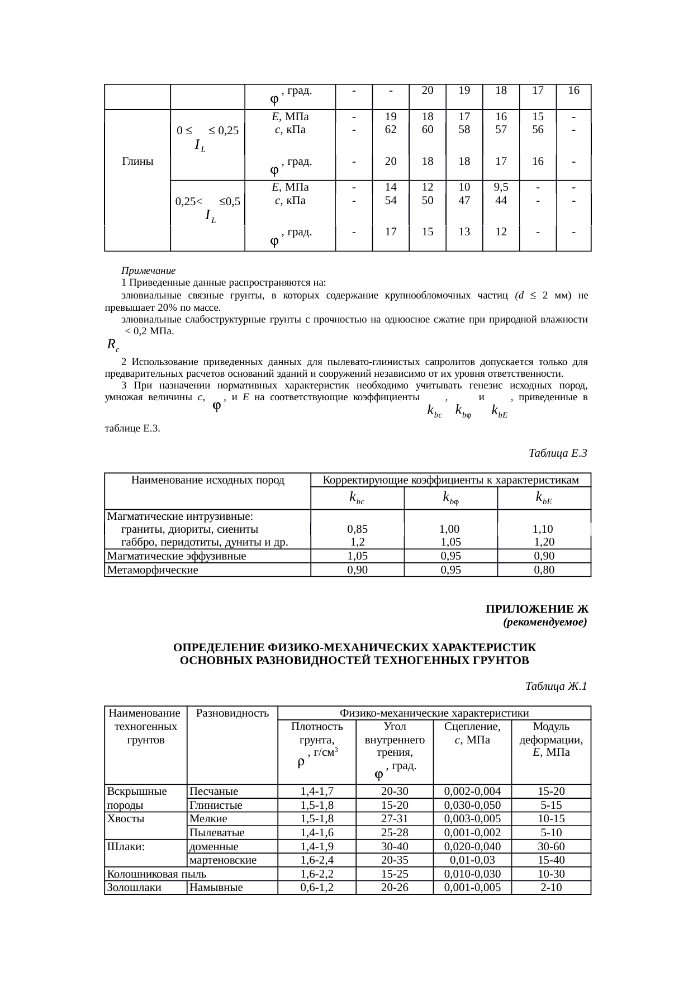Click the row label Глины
click(x=137, y=162)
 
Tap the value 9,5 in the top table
click(x=501, y=187)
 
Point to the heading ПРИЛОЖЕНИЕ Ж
click(x=537, y=608)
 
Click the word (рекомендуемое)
click(x=545, y=622)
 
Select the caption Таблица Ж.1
click(x=556, y=686)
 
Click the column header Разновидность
click(x=232, y=713)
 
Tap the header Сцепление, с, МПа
click(x=472, y=733)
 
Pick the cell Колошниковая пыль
click(x=156, y=874)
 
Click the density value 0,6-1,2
click(x=316, y=888)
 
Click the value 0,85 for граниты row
click(x=357, y=529)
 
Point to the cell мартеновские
click(x=223, y=860)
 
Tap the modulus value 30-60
click(x=551, y=846)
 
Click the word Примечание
click(x=149, y=271)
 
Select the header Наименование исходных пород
click(x=207, y=480)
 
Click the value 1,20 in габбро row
click(x=544, y=542)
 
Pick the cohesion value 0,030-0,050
click(x=472, y=805)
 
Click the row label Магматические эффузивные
click(x=176, y=556)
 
